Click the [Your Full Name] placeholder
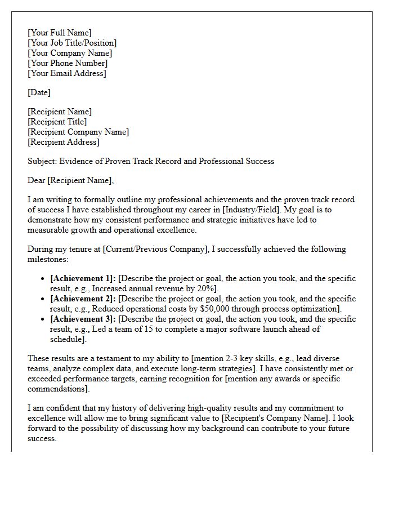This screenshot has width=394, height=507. tap(60, 33)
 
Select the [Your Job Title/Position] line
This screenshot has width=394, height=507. tap(72, 43)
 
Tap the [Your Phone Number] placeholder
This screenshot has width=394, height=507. tap(67, 63)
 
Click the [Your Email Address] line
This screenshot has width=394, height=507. tap(66, 73)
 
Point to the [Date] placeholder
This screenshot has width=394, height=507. tap(39, 92)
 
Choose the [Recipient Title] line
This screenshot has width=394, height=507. tap(57, 122)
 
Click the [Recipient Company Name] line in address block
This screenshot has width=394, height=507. tap(78, 132)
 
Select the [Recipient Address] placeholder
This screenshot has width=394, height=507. tap(63, 142)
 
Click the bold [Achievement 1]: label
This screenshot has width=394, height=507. tap(83, 278)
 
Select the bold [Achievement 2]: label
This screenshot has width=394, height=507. tap(83, 299)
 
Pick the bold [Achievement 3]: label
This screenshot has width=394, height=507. tap(83, 319)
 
